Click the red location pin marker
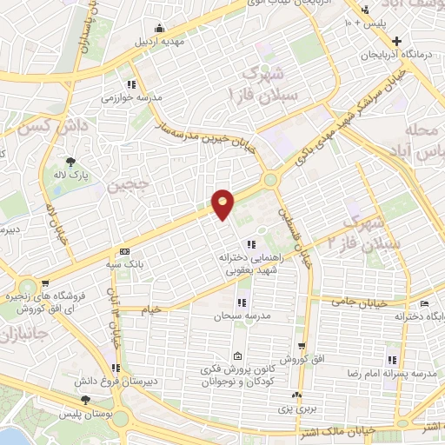point(223,204)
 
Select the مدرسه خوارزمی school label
point(133,98)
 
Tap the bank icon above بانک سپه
point(124,249)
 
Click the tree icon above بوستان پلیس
point(85,400)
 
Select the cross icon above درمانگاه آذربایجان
point(396,40)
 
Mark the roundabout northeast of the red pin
point(271,181)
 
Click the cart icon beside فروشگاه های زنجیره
point(44,283)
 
